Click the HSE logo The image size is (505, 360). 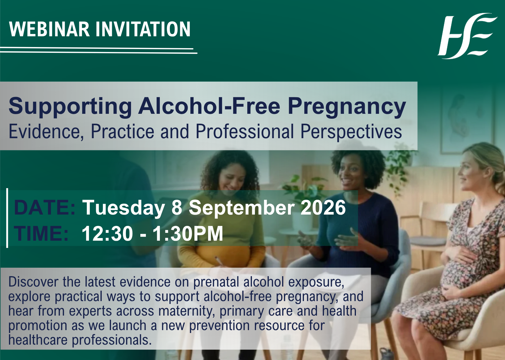click(468, 36)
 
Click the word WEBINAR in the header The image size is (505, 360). click(49, 29)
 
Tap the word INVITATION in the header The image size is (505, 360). click(143, 29)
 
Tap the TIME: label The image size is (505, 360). click(41, 234)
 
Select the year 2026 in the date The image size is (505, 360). click(323, 208)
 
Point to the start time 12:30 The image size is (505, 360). click(107, 234)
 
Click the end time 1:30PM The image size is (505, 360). click(188, 234)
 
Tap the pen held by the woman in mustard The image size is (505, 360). click(219, 261)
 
